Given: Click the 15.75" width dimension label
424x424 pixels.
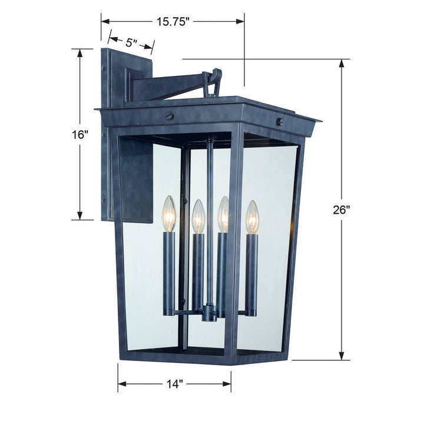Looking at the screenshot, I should click(173, 22).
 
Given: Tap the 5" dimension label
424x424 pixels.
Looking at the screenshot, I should click(131, 42).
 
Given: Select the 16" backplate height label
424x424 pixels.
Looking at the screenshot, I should click(79, 134).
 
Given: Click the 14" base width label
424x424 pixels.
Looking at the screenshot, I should click(174, 385).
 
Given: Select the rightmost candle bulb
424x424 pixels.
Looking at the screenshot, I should click(252, 217).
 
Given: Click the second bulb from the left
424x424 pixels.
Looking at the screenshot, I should click(198, 217).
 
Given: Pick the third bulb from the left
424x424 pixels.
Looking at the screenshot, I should click(223, 215).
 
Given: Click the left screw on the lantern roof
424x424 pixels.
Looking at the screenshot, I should click(170, 116).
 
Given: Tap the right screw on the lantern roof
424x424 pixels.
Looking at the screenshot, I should click(280, 122).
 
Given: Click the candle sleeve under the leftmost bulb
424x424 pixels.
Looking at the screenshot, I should click(170, 271).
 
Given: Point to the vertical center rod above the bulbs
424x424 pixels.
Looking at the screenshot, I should click(209, 171).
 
